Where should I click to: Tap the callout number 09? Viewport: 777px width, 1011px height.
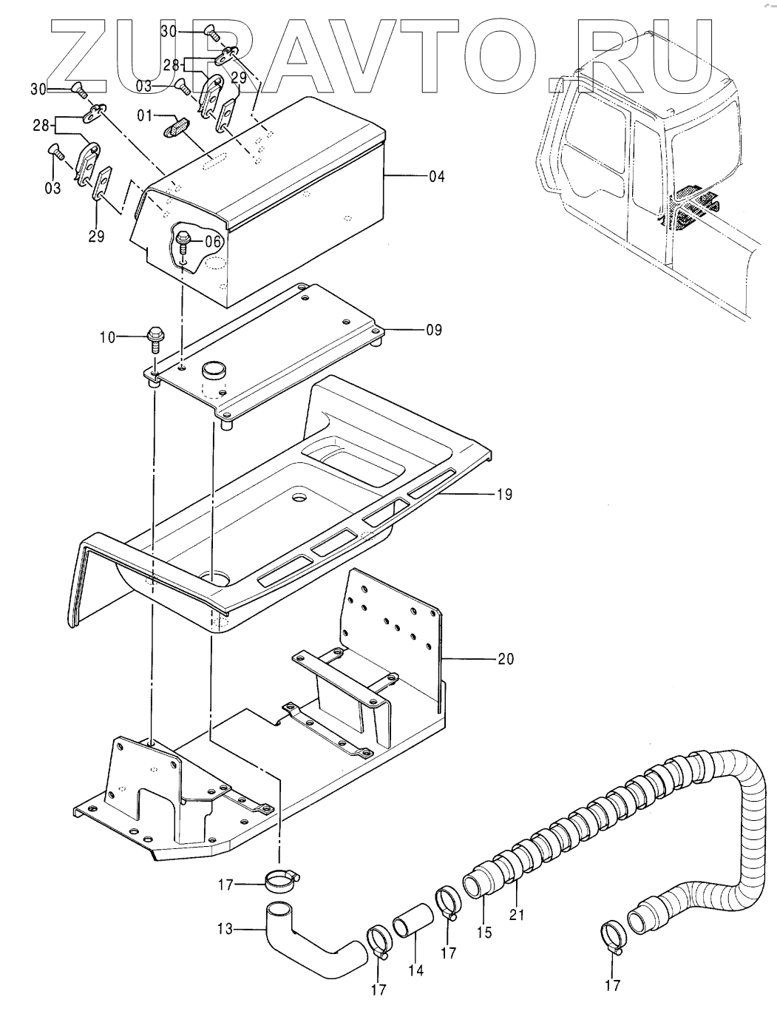434,330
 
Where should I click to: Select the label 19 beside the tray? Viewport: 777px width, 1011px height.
503,495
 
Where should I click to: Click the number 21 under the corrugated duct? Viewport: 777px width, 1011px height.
516,914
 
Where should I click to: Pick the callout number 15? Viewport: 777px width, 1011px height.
483,933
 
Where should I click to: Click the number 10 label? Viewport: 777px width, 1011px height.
108,337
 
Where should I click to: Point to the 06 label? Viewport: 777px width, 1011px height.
212,241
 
